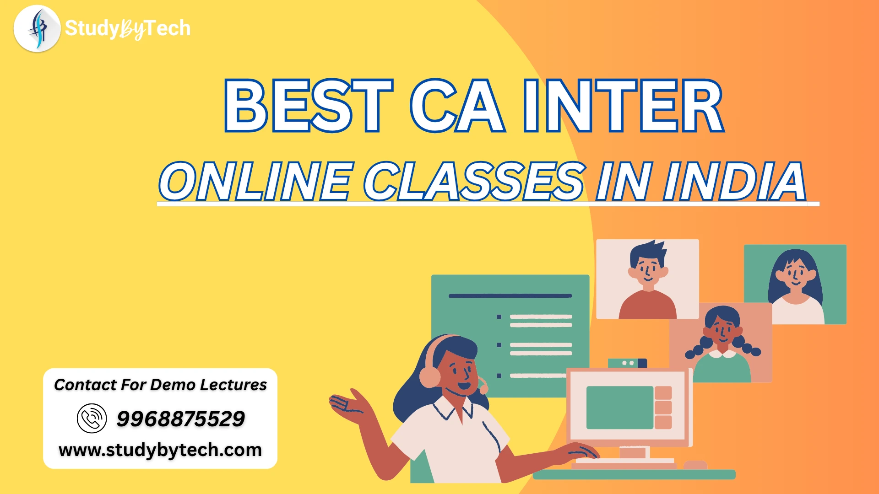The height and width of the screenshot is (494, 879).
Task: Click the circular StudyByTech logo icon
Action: tap(37, 28)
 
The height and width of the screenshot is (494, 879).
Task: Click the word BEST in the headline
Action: tap(309, 106)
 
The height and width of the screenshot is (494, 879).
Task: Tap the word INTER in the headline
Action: tap(623, 106)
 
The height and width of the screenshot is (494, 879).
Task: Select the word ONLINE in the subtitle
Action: tap(256, 181)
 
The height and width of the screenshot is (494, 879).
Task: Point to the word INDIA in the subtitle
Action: tap(735, 181)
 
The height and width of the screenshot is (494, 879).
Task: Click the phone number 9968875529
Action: tap(181, 419)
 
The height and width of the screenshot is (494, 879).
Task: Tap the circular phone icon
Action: tap(92, 419)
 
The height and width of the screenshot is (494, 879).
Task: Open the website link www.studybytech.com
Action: tap(160, 450)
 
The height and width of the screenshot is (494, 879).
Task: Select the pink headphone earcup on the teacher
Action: tap(429, 376)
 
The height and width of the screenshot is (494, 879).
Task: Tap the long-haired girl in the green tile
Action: tap(796, 286)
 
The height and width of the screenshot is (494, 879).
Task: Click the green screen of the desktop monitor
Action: tap(620, 408)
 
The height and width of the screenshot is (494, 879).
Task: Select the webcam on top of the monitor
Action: tap(627, 363)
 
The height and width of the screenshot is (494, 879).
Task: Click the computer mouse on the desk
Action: tap(695, 465)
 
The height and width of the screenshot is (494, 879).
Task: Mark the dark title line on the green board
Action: tap(510, 296)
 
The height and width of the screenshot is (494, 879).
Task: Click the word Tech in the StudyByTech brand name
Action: tap(166, 28)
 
